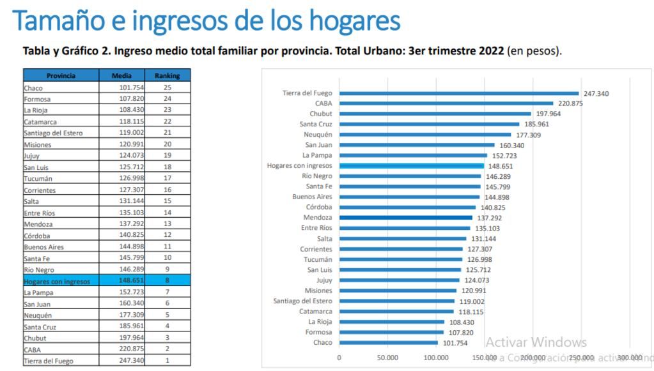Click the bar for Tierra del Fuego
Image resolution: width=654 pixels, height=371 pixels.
(x=458, y=93)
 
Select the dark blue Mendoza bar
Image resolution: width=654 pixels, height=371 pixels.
(x=405, y=218)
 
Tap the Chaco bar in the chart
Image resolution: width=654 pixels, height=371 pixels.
(x=388, y=342)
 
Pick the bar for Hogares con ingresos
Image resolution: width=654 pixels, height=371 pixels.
(x=411, y=166)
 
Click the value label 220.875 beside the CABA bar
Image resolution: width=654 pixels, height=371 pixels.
(x=570, y=103)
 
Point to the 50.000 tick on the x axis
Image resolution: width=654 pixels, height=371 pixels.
(x=387, y=358)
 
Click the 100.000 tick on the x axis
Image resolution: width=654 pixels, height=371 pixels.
(x=436, y=358)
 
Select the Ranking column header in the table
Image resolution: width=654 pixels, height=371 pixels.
(x=167, y=75)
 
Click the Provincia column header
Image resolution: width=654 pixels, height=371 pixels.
(x=61, y=75)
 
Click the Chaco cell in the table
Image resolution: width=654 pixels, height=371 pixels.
(x=61, y=88)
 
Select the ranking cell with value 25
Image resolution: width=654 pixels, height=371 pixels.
(x=167, y=88)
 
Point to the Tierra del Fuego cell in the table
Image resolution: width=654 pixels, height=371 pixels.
(x=61, y=361)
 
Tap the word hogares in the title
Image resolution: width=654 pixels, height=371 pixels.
(x=355, y=20)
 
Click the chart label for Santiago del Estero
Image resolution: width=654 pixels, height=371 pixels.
(x=303, y=301)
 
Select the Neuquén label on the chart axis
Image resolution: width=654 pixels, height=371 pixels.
(x=318, y=135)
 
